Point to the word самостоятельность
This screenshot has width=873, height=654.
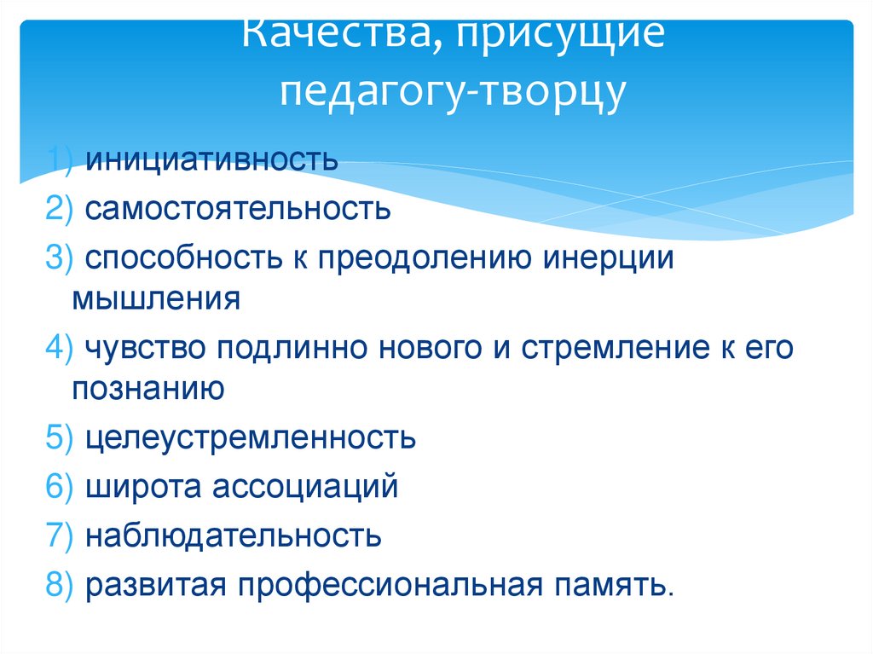point(238,208)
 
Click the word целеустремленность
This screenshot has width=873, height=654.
point(251,438)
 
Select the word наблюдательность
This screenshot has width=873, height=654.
point(233,536)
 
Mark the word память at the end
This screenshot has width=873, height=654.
point(616,586)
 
